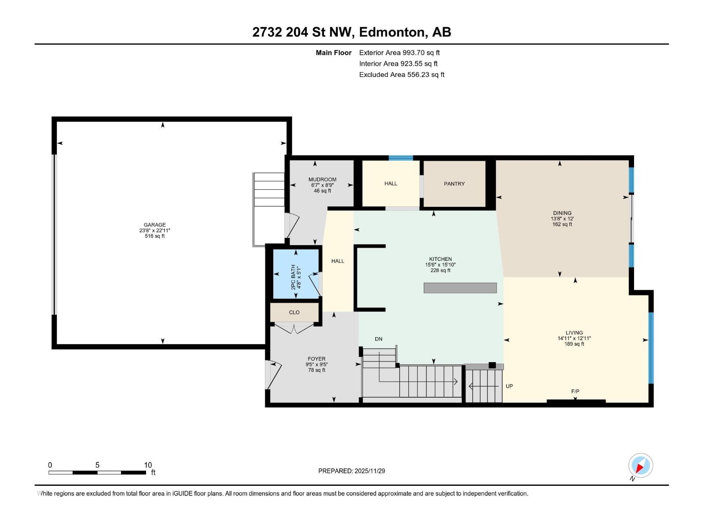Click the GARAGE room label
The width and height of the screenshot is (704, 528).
click(x=154, y=225)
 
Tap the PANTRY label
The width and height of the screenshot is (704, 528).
click(x=454, y=184)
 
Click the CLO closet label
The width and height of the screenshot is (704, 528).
click(x=294, y=312)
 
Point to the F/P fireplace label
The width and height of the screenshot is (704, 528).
click(x=575, y=392)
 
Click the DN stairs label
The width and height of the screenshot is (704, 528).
click(x=378, y=339)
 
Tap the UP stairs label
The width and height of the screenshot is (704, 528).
click(x=509, y=386)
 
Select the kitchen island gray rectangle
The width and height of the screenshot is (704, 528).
click(x=460, y=288)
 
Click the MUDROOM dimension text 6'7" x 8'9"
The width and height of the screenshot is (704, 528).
click(x=322, y=185)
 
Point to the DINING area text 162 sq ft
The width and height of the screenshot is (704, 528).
click(x=562, y=224)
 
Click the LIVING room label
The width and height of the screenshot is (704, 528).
click(x=574, y=333)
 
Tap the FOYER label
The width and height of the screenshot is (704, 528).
click(x=317, y=359)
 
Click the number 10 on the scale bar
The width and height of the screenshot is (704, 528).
click(x=148, y=465)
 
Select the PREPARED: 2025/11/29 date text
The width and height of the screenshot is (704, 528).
click(x=352, y=471)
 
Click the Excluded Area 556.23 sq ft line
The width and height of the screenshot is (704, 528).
click(x=401, y=75)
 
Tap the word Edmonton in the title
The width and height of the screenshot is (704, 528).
click(x=392, y=32)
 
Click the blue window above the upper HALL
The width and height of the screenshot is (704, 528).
click(x=400, y=158)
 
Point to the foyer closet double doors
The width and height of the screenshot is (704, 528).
click(x=294, y=328)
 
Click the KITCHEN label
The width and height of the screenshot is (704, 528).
click(x=440, y=259)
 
